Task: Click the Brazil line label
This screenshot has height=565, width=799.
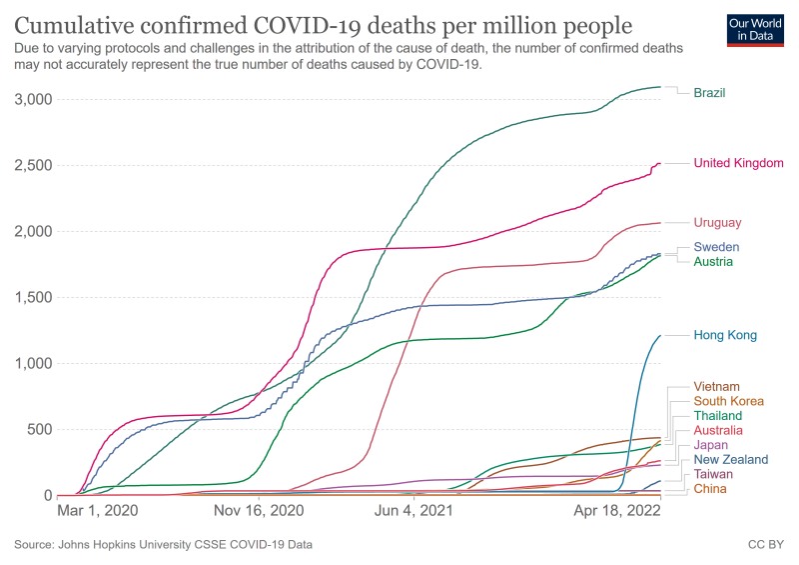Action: point(709,93)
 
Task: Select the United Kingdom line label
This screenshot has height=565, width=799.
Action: point(738,163)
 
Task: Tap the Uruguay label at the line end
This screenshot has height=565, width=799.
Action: point(717,222)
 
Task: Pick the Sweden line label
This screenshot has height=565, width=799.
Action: point(715,246)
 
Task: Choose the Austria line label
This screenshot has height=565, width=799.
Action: point(714,261)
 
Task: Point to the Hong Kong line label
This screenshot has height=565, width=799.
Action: point(725,336)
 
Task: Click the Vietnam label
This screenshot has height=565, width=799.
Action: point(717,387)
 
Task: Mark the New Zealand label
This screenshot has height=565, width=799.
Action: point(731,460)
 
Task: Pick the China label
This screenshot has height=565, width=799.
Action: point(711,489)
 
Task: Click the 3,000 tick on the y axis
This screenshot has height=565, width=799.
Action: point(33,99)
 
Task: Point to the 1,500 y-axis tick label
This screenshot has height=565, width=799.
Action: point(33,297)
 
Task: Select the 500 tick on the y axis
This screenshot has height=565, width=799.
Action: point(39,430)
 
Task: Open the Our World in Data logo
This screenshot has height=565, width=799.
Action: point(750,31)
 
